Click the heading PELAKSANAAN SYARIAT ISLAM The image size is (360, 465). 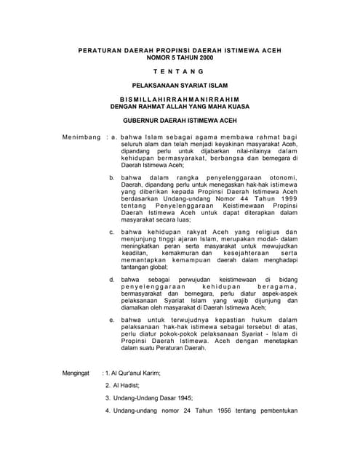pos(179,85)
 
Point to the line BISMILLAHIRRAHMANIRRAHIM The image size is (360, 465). pos(179,99)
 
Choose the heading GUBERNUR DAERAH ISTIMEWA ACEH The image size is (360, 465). pos(179,121)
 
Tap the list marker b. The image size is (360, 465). pos(111,178)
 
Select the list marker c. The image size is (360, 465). pos(111,232)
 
